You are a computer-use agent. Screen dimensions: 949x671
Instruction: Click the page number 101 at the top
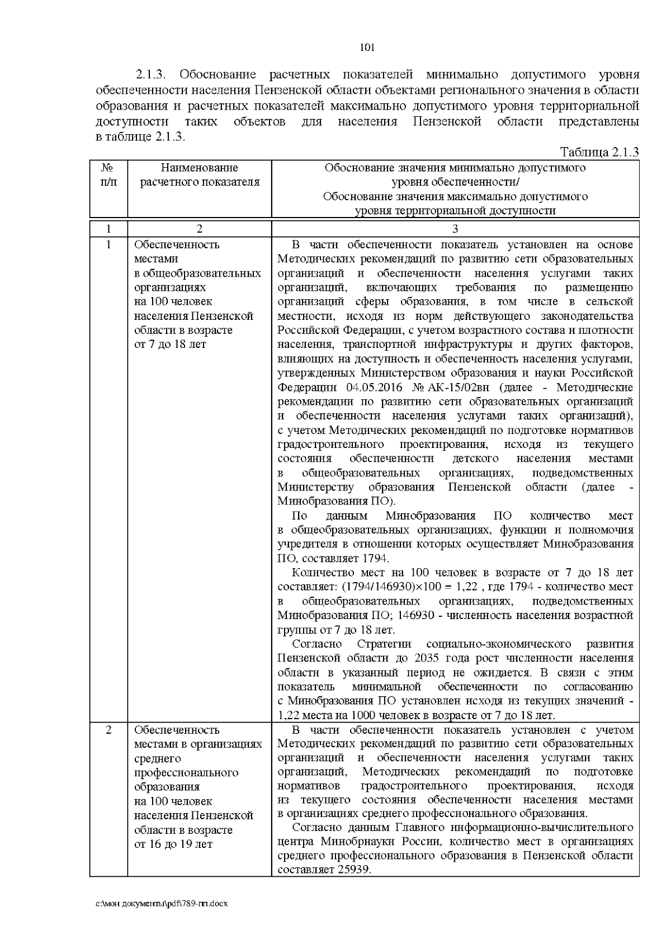pos(366,48)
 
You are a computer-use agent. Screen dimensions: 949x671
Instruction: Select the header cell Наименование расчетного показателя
pos(200,174)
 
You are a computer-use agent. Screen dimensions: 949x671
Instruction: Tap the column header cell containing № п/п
pos(108,174)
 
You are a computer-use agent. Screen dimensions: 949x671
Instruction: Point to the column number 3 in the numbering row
pos(455,229)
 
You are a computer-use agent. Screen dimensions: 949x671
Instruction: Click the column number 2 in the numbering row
pos(200,229)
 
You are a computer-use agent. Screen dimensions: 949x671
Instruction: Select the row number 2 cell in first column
pos(108,730)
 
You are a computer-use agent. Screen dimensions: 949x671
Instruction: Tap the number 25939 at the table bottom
pos(354,870)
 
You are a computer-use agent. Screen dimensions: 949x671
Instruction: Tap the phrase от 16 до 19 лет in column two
pos(173,844)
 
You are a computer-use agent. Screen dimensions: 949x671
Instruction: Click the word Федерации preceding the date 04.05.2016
pos(304,388)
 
